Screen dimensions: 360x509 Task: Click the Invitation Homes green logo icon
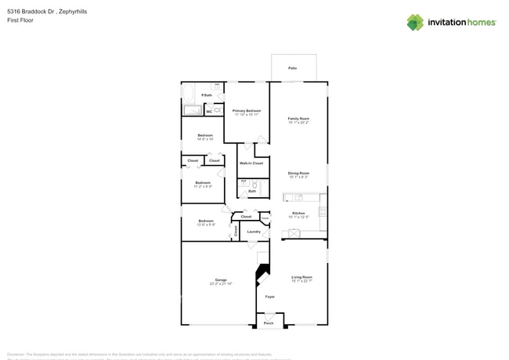tap(415, 22)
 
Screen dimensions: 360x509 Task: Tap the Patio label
tap(292, 68)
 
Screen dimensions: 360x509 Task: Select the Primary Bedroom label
tap(247, 111)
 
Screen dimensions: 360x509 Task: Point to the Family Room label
tap(298, 118)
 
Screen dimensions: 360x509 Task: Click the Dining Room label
tap(298, 173)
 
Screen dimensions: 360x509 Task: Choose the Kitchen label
tap(298, 213)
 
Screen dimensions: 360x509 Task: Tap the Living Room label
tap(301, 277)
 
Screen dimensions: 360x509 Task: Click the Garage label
tap(221, 279)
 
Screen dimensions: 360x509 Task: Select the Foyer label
tap(269, 297)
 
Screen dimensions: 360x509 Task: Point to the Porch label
tap(269, 322)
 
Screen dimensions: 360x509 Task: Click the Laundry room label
tap(254, 231)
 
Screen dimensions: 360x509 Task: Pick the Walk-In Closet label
tap(251, 163)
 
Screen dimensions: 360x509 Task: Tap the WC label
tap(209, 111)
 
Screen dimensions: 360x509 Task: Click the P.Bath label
tap(207, 95)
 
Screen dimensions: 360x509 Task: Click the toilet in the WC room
tap(218, 111)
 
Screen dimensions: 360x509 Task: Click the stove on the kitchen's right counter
tap(323, 211)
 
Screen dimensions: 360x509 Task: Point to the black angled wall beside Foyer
tap(262, 274)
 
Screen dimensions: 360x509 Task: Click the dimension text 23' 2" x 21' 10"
tap(221, 283)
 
